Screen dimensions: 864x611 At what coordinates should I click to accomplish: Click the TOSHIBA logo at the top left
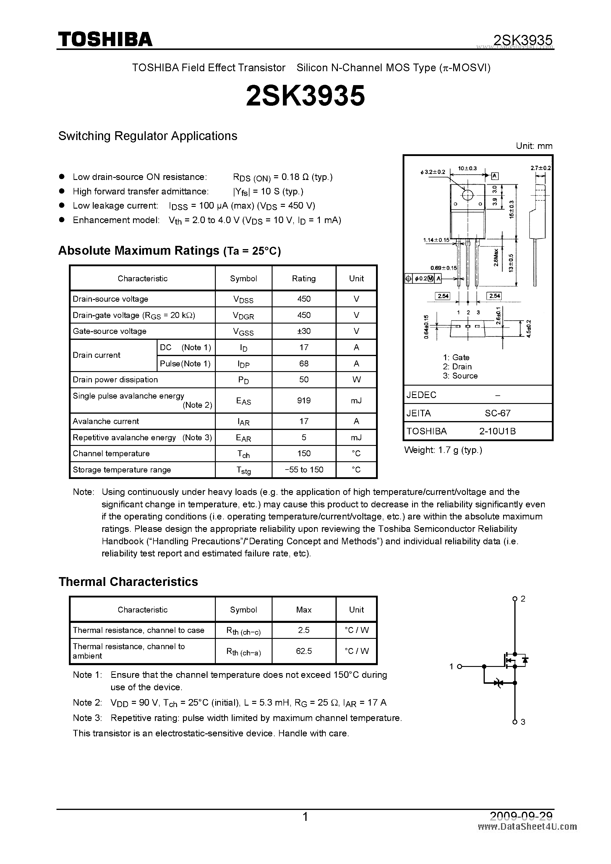point(105,40)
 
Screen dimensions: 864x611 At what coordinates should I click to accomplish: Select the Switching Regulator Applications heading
point(148,136)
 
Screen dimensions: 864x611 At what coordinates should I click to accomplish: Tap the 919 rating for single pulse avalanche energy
point(303,400)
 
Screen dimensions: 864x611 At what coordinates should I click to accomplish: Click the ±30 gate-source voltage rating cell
point(303,331)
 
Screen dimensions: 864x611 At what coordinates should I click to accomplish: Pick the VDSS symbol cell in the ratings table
point(243,299)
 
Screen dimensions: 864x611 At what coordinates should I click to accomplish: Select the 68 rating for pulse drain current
point(303,363)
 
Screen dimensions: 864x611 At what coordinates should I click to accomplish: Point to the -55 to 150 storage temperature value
point(303,470)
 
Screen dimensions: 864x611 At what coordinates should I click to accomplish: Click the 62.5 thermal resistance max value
point(303,651)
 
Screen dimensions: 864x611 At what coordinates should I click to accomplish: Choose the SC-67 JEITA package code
point(497,413)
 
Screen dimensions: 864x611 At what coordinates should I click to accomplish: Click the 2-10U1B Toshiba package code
point(497,431)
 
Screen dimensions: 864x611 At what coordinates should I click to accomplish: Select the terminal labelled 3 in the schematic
point(515,722)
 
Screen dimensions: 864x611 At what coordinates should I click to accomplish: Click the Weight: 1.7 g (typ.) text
point(443,450)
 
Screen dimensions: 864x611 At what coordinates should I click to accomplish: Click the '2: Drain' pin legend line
point(457,366)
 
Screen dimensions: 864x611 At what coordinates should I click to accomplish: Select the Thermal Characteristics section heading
point(128,582)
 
